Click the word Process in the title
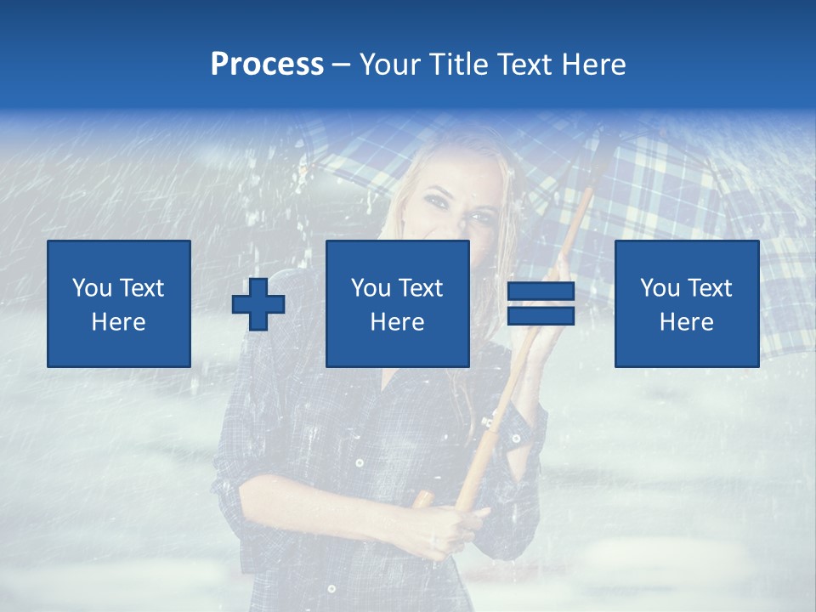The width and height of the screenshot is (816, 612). (267, 65)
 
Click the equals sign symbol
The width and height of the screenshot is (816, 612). (541, 304)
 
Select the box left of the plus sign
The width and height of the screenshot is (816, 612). (119, 304)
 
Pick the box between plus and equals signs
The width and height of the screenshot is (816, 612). (398, 304)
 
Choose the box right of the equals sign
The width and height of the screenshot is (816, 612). (687, 304)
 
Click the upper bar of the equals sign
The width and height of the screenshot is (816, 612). (541, 292)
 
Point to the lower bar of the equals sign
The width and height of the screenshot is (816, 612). (541, 316)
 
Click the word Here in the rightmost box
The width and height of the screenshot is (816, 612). (686, 322)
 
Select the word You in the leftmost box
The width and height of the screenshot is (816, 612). (92, 288)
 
